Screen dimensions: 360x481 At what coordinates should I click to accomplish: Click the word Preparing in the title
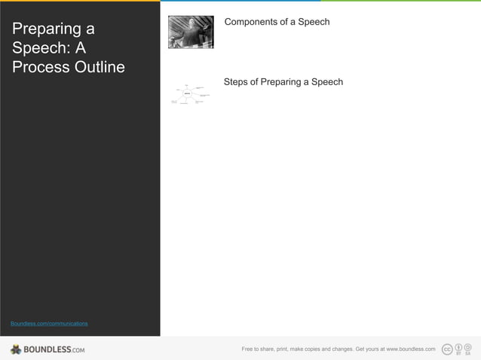pos(47,29)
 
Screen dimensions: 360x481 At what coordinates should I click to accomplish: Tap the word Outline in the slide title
pos(96,67)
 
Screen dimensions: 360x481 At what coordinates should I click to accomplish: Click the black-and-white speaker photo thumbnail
pos(191,32)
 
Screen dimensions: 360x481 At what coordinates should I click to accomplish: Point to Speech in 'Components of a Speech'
pos(314,22)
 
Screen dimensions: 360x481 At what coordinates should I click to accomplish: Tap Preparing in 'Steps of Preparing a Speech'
pos(281,81)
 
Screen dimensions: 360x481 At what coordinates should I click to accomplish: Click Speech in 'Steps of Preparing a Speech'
pos(327,81)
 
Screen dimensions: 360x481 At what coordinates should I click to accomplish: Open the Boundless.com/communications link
pos(49,323)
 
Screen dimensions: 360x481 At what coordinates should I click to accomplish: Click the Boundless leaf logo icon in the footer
pos(16,349)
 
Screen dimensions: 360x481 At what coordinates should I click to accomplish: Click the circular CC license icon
pos(447,349)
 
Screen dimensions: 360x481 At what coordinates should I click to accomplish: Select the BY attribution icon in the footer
pos(458,349)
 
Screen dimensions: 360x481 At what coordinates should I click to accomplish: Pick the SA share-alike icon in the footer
pos(468,349)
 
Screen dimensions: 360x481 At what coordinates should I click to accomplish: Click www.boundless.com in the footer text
pos(411,349)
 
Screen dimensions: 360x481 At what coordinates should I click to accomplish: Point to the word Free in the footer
pos(247,349)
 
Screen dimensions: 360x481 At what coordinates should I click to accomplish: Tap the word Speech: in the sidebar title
pos(38,48)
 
